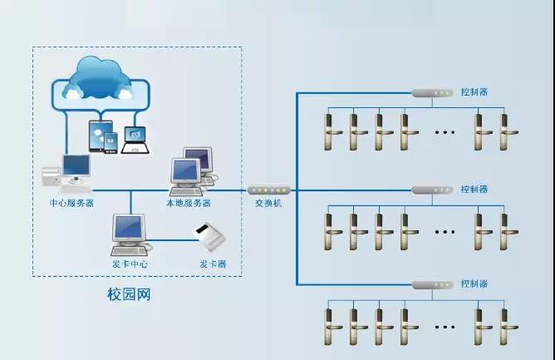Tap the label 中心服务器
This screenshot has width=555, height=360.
click(71, 202)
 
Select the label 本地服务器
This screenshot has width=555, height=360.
click(189, 202)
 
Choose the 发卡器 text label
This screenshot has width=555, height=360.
click(213, 264)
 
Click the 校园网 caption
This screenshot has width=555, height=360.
click(130, 294)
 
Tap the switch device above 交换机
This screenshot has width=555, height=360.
click(269, 190)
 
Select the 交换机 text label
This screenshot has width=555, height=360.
click(269, 203)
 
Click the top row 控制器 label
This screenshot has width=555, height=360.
click(474, 91)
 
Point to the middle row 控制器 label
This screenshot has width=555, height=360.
click(474, 190)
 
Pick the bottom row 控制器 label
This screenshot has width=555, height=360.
click(474, 284)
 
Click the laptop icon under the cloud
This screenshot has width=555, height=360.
click(134, 141)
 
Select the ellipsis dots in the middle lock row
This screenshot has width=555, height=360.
click(444, 230)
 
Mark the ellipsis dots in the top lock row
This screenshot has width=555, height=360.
click(444, 131)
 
